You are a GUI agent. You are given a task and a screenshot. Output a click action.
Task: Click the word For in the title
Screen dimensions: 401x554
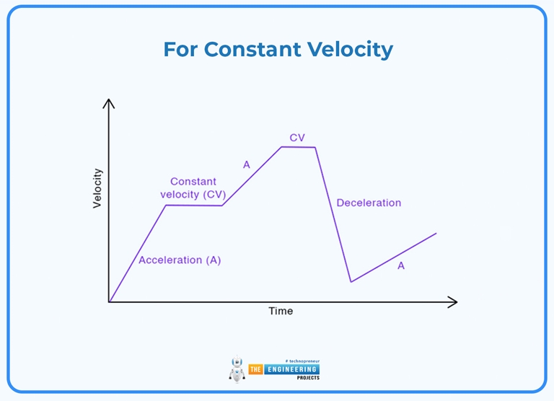click(180, 49)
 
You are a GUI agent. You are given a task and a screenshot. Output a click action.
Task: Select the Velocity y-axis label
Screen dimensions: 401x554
click(97, 188)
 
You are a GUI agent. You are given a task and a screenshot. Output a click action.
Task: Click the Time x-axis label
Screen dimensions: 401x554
click(281, 311)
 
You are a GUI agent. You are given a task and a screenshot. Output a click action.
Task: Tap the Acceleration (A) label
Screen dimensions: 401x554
click(180, 260)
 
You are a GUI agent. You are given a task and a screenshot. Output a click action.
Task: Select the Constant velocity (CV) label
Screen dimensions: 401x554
click(193, 188)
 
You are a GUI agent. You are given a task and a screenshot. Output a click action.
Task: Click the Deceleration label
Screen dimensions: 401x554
click(369, 203)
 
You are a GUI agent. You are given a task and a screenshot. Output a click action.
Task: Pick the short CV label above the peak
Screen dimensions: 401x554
click(297, 137)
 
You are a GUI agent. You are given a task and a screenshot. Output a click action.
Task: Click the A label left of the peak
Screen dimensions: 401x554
click(246, 165)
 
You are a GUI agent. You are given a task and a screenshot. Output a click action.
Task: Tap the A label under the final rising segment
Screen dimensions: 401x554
click(401, 265)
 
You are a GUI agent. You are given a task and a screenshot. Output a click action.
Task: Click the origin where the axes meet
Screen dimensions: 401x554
click(109, 301)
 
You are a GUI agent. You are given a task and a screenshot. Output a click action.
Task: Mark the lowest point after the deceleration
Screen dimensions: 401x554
click(351, 281)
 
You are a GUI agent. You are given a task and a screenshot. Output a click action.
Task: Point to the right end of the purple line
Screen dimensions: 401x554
click(436, 233)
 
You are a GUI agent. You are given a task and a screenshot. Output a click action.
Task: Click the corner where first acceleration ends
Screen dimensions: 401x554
click(167, 206)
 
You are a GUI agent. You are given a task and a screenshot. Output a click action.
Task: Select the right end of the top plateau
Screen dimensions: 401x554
click(315, 147)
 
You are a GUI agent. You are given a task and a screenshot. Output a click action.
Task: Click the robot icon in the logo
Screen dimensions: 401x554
click(237, 369)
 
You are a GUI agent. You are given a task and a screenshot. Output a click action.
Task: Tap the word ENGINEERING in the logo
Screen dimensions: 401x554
click(291, 369)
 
